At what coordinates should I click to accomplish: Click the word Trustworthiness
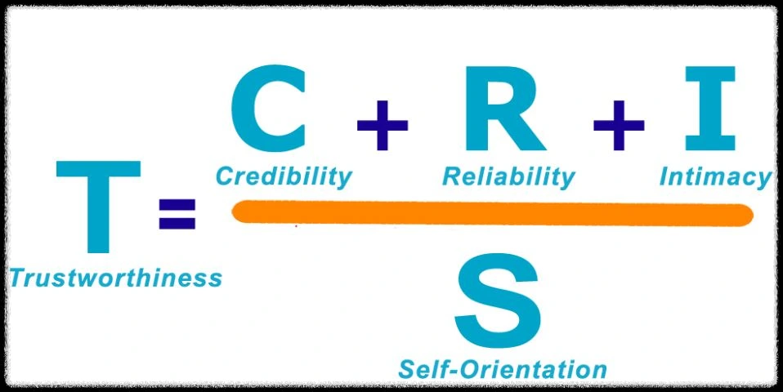click(x=115, y=278)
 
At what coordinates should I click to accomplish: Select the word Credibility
click(x=284, y=176)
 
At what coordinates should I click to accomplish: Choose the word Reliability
click(x=508, y=176)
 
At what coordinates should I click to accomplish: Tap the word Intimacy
click(x=715, y=176)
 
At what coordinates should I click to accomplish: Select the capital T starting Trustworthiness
click(x=17, y=278)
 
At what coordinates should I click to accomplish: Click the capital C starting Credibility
click(x=223, y=176)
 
